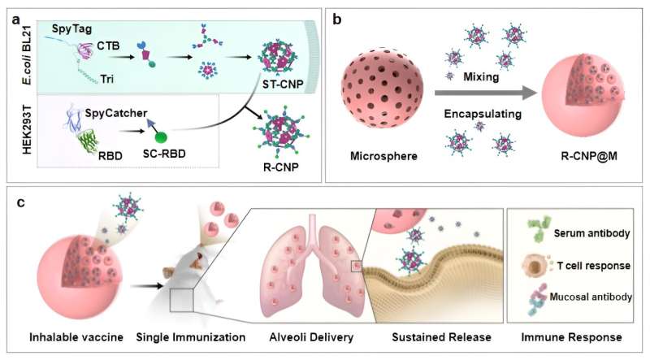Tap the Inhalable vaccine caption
click(64, 336)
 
